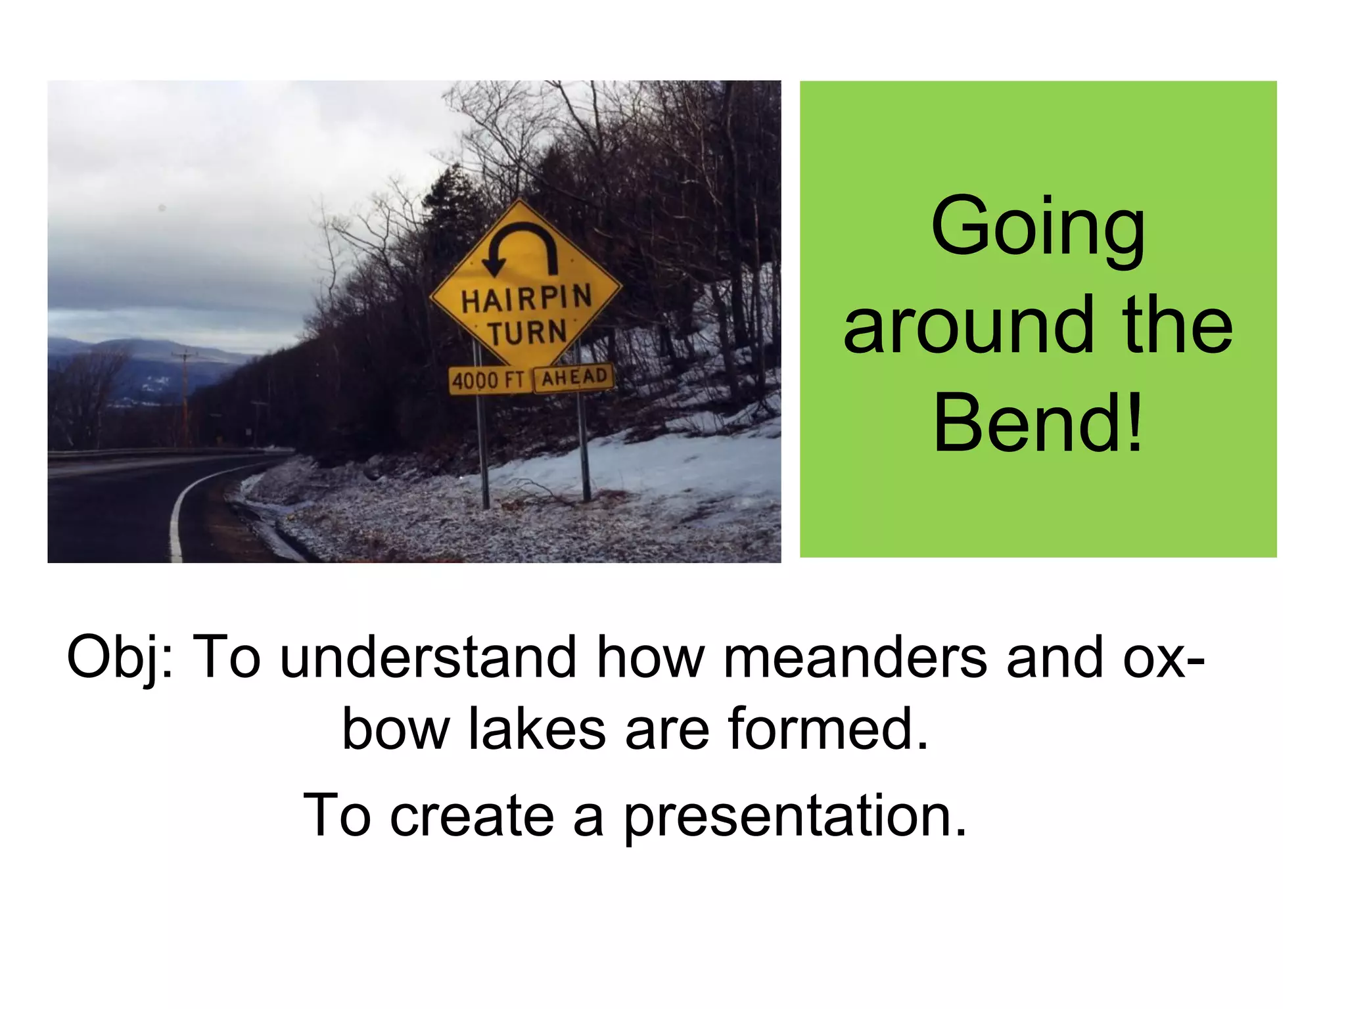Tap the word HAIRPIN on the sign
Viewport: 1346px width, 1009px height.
pos(526,300)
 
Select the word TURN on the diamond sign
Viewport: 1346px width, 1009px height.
pos(526,332)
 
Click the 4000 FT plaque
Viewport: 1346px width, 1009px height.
pos(489,380)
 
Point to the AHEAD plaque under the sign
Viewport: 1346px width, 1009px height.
pos(574,378)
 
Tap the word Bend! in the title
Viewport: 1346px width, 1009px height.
pos(1038,423)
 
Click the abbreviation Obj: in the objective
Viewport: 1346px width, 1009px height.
pos(120,658)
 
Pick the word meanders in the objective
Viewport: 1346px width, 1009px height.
pos(854,658)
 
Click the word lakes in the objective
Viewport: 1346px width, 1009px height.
pos(536,729)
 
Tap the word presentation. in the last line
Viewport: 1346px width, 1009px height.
pos(795,817)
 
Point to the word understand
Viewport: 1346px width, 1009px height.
pos(427,658)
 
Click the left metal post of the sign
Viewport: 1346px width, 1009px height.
pos(484,453)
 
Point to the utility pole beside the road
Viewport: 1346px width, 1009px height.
pos(185,394)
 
